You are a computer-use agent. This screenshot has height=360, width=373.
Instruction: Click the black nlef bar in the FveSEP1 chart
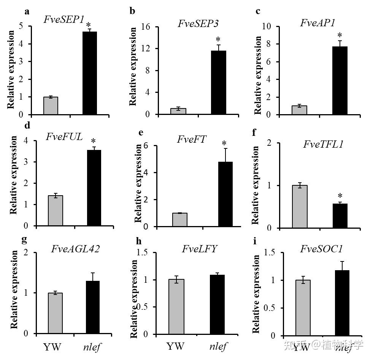coord(90,73)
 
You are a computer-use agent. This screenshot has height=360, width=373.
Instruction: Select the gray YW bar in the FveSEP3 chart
coord(178,111)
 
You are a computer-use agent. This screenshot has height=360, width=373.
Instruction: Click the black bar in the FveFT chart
coord(226,194)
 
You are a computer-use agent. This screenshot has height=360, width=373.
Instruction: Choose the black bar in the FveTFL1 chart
coord(340,216)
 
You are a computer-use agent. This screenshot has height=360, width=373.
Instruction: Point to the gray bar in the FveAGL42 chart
coord(56,313)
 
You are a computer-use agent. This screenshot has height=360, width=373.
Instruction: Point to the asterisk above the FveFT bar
coord(224,144)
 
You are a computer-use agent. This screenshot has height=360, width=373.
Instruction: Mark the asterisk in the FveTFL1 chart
coord(340,196)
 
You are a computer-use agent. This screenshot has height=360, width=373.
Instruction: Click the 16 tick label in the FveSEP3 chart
coord(145,27)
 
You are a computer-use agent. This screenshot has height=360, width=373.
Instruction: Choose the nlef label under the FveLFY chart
coord(218,347)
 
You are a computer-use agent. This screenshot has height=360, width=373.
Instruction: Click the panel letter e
coord(141,133)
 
